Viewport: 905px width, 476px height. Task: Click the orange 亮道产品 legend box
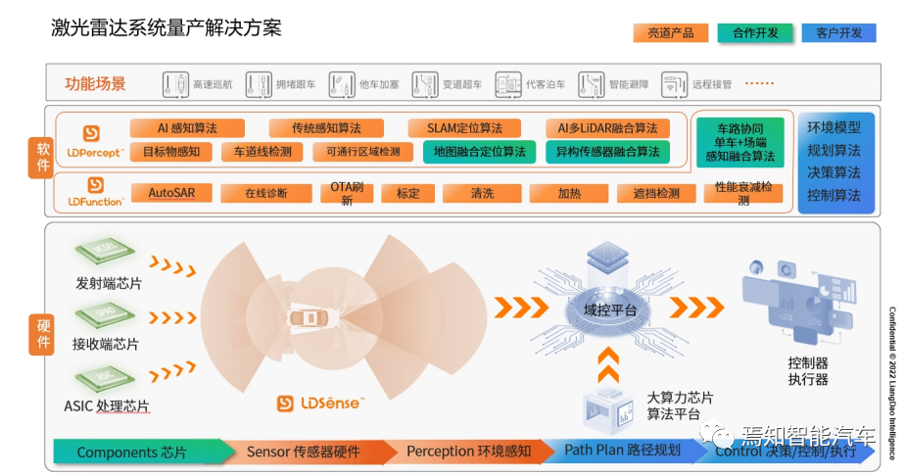[x=671, y=32]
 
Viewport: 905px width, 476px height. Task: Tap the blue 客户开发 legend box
[x=839, y=32]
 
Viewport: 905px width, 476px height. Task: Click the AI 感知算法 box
[x=187, y=128]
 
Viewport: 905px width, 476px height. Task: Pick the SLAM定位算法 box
[x=464, y=128]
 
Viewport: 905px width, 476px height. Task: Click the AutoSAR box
[x=172, y=193]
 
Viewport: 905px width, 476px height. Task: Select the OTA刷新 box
[x=347, y=193]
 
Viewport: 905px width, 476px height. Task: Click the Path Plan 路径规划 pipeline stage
[x=622, y=452]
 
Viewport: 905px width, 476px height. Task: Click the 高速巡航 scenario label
[x=213, y=84]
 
